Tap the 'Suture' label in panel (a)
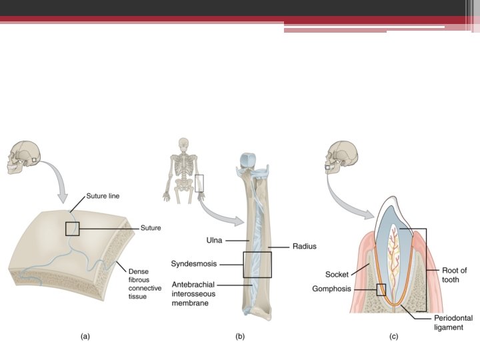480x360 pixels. tap(151, 228)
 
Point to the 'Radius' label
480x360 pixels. tap(304, 246)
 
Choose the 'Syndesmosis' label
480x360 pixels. tap(195, 263)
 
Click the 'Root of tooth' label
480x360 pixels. tap(455, 275)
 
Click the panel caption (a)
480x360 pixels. tap(85, 337)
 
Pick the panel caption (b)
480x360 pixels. tap(240, 337)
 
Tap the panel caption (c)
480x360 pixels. tap(394, 337)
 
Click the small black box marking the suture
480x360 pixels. tap(73, 229)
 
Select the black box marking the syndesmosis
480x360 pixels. tap(257, 264)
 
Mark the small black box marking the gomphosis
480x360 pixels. tap(381, 290)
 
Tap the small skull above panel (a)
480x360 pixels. tap(22, 157)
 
